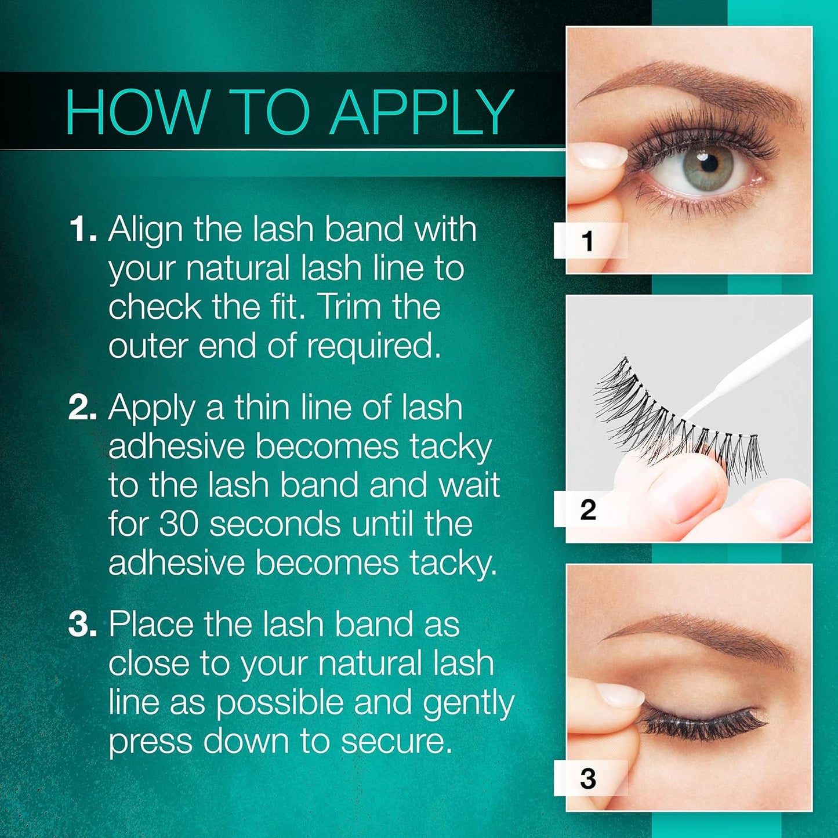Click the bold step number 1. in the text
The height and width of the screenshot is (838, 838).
(82, 228)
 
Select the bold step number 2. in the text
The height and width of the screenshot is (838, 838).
(82, 407)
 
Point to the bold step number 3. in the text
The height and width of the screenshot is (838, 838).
(82, 625)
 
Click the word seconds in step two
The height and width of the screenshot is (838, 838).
(274, 524)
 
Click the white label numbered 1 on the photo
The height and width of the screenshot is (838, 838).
(589, 241)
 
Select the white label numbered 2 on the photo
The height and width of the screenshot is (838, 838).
(589, 509)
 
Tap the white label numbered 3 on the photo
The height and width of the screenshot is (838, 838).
(589, 778)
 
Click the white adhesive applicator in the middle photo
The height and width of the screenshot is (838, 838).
(754, 366)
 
